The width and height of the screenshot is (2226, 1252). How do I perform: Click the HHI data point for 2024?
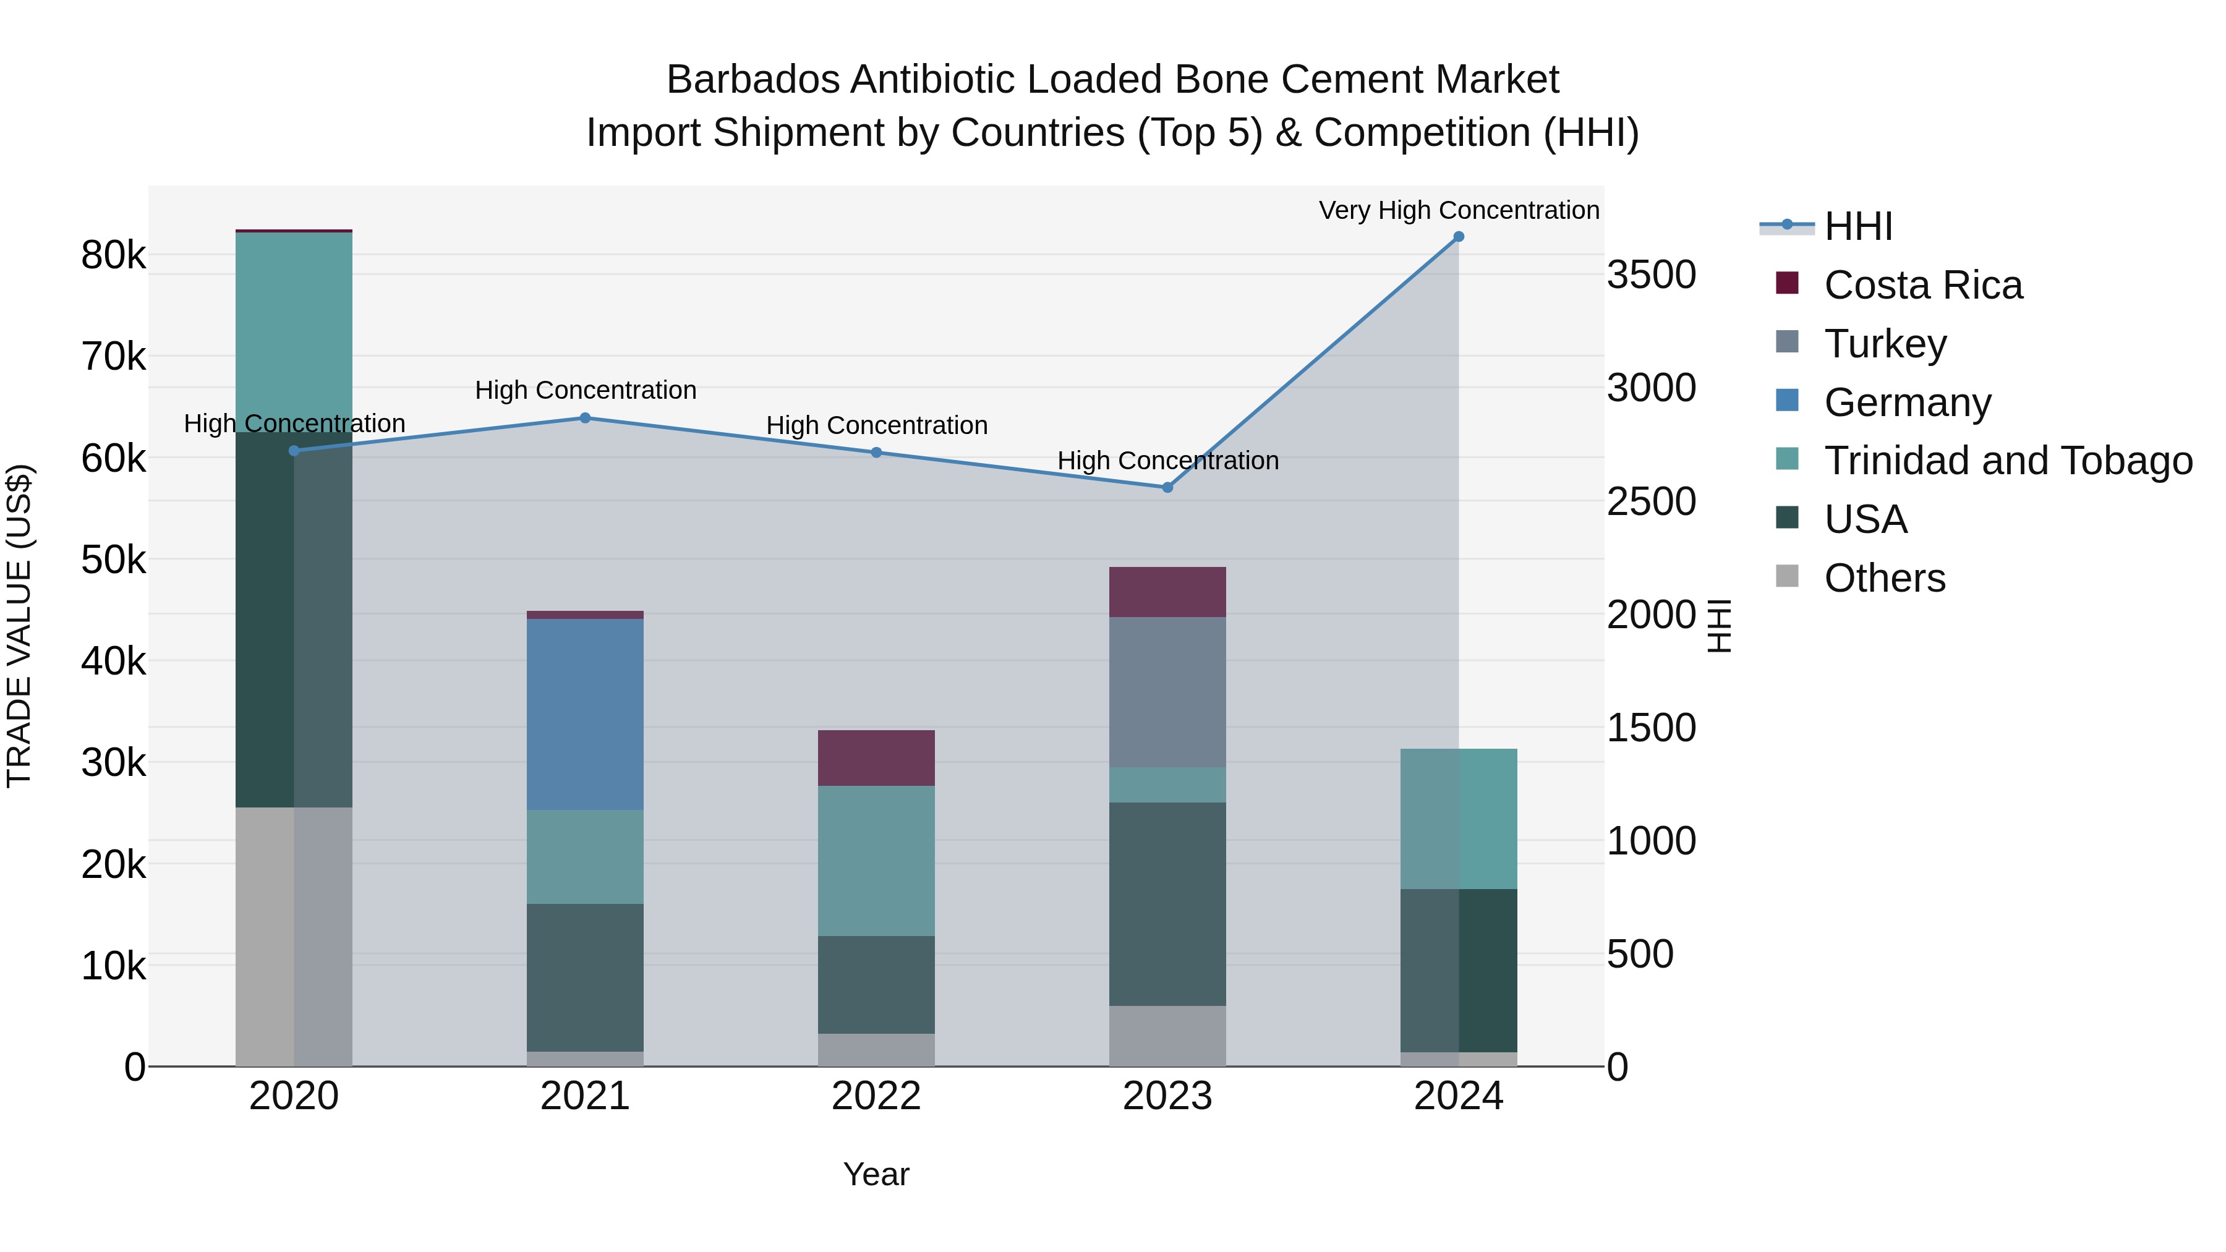[1459, 237]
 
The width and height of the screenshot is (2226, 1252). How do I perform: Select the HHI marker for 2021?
[585, 418]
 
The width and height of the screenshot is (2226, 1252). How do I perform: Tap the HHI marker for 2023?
[1167, 487]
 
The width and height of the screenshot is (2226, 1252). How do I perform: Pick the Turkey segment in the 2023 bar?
[1167, 691]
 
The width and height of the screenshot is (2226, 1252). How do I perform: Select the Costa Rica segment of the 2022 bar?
[876, 758]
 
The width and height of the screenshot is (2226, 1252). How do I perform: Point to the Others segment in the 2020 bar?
[294, 937]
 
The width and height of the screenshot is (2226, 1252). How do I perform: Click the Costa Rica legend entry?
[1922, 285]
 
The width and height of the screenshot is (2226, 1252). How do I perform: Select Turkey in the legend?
[1885, 344]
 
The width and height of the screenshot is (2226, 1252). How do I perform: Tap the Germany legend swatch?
[1787, 401]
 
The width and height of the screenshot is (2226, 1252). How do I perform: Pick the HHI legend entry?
[1858, 226]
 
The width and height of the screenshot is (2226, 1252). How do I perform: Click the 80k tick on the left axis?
[113, 256]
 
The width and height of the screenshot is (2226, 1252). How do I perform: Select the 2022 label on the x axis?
[876, 1096]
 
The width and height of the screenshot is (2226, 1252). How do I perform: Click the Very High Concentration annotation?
[1459, 210]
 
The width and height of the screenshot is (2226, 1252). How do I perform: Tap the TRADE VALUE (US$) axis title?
[19, 626]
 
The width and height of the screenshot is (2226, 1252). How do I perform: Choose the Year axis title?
[876, 1174]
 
